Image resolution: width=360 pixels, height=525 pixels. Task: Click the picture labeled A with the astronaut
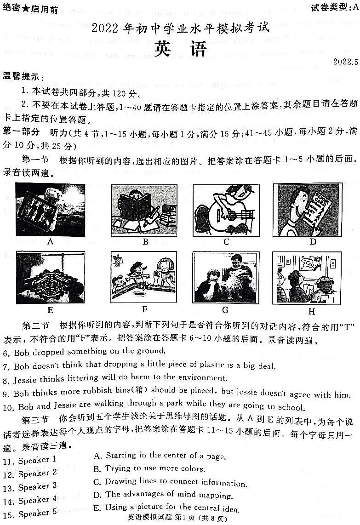click(50, 210)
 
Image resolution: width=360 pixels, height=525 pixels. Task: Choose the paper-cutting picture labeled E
click(50, 277)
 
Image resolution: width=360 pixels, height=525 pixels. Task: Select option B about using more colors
click(149, 469)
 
